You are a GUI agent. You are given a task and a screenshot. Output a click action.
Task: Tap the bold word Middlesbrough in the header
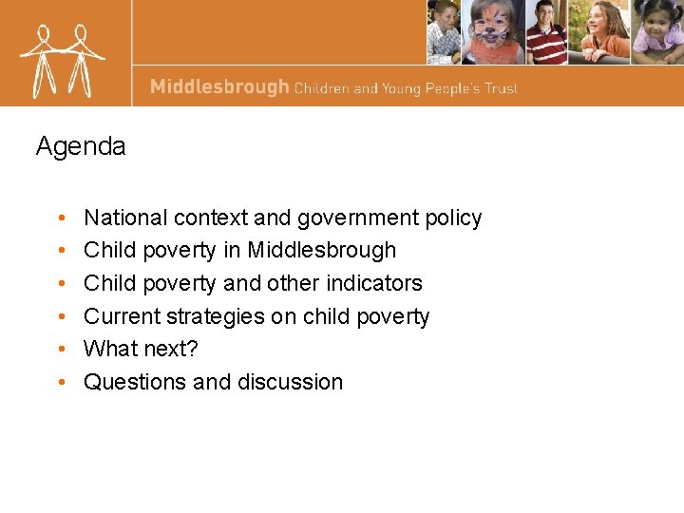(219, 87)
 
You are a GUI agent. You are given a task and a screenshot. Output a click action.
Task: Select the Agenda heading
(81, 146)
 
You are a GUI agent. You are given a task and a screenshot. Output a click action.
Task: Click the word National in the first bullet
(125, 218)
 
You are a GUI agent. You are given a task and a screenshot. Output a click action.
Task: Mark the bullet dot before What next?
(60, 350)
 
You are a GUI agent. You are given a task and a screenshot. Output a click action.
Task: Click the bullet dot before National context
(60, 218)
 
